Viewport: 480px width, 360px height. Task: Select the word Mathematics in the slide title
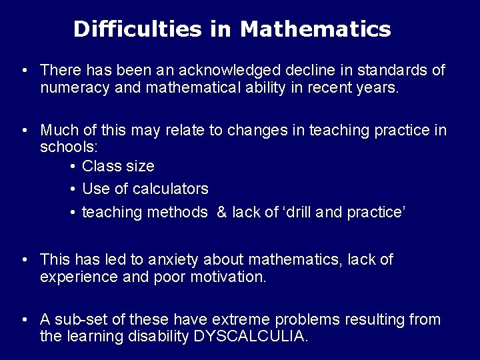coord(315,29)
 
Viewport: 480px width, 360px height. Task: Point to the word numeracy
coord(70,88)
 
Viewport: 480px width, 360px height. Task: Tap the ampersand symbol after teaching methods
coord(222,213)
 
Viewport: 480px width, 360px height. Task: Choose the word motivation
coord(227,277)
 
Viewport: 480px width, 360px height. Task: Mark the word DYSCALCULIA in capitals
coord(250,337)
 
